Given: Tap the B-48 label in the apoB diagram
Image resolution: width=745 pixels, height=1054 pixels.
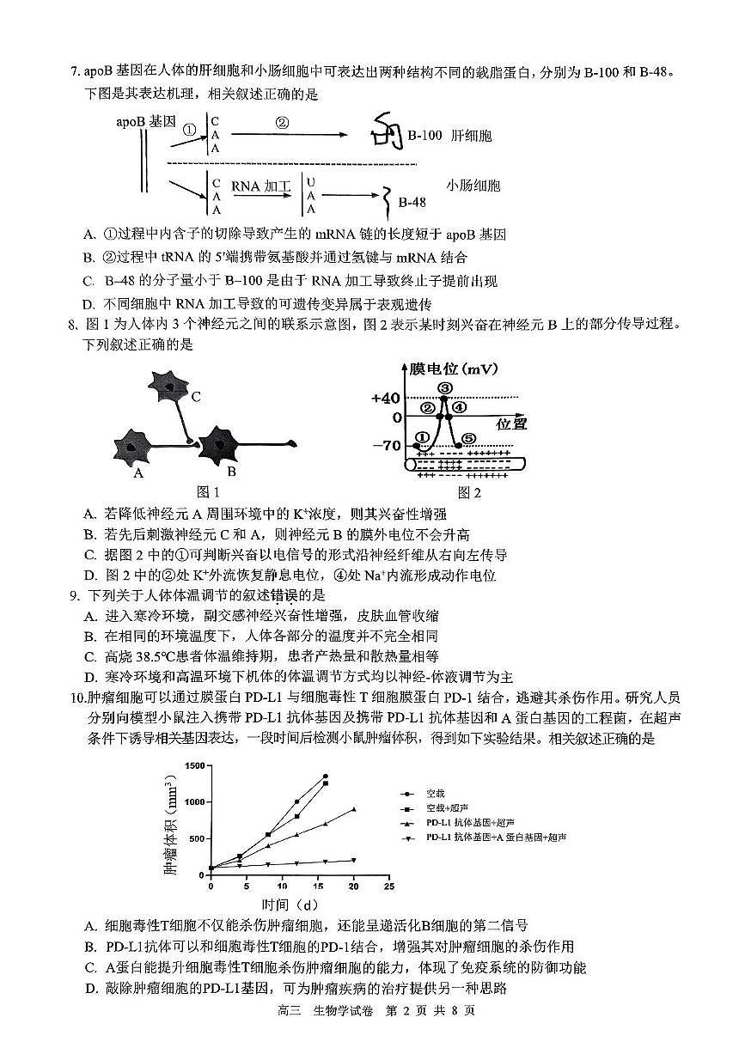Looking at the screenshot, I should coord(412,203).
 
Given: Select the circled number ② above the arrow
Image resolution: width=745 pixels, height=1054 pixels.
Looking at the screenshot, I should coord(282,122).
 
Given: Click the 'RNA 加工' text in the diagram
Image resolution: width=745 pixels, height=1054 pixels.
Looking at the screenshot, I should coord(262,186).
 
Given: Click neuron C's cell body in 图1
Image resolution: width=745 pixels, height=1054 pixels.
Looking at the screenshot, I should coord(173,387).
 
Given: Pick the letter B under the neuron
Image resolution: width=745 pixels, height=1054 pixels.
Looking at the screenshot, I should coord(231,471).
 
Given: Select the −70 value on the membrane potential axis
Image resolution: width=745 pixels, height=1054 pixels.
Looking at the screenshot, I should coord(386,445).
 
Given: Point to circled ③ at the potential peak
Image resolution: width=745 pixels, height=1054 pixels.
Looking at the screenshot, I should coord(444,388).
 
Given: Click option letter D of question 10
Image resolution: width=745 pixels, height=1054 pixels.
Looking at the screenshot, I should coord(89,989).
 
